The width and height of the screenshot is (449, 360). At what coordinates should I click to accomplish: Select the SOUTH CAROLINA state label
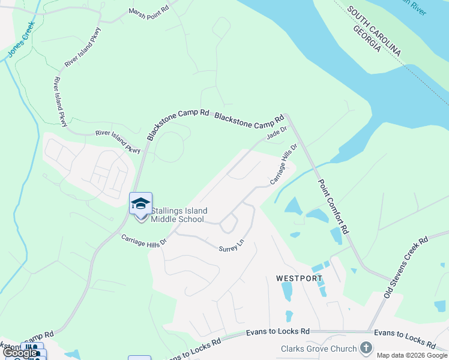pos(378,34)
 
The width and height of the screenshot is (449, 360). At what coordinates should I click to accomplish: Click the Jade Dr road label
pos(277,133)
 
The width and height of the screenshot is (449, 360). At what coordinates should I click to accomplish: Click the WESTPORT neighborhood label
pos(299,278)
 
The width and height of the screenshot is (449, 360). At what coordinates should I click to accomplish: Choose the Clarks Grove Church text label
pos(319,349)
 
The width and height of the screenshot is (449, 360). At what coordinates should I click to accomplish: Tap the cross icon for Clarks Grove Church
pos(366,347)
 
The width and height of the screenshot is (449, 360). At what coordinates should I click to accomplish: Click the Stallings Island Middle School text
pos(179,215)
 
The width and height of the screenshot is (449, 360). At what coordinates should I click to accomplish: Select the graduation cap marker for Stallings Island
pos(140,204)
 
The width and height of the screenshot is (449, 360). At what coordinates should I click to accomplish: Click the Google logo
pos(20,353)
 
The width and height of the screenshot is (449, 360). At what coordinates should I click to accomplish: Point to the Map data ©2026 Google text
pos(412,355)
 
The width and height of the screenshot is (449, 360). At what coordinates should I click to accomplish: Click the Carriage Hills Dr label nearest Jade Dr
pos(284,164)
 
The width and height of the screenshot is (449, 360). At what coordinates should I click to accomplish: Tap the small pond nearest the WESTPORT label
pos(286,291)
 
